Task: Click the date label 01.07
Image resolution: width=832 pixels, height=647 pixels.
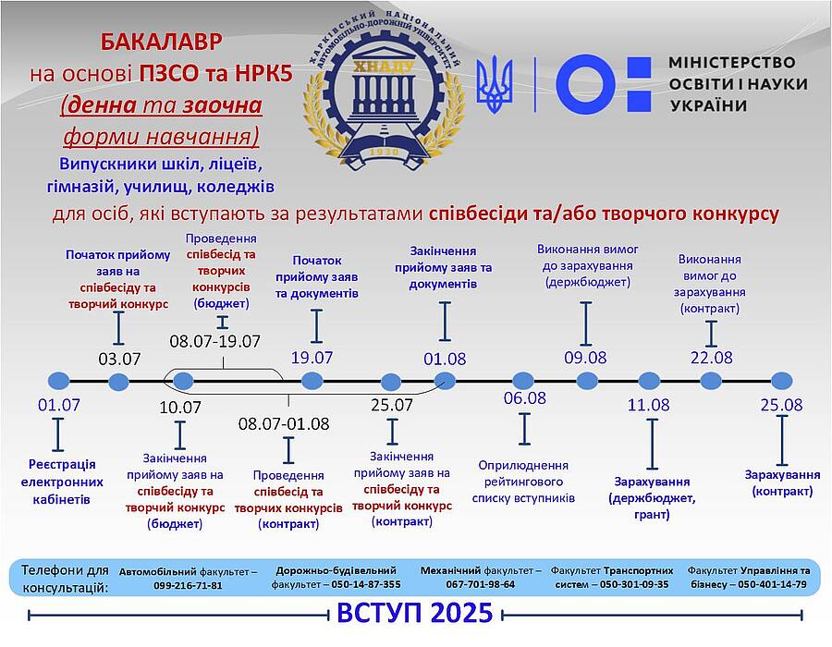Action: (x=59, y=405)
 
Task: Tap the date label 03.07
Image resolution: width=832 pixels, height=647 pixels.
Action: (x=119, y=359)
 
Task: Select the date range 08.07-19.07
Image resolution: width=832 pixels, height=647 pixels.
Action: (x=214, y=341)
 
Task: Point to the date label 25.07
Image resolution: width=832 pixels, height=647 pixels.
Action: (x=392, y=405)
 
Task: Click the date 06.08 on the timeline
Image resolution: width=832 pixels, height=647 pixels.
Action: (x=525, y=397)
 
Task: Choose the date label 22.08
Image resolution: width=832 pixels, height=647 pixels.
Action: (x=712, y=358)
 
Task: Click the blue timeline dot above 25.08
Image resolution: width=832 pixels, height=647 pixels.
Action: (x=781, y=381)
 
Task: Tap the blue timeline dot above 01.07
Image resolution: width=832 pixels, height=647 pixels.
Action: (x=59, y=381)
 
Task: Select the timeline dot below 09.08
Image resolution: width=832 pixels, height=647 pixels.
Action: (x=587, y=381)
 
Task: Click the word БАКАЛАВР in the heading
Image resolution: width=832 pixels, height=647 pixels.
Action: (x=161, y=42)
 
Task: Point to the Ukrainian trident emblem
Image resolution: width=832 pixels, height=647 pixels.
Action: (x=494, y=84)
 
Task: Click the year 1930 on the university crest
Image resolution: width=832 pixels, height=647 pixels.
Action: (x=384, y=153)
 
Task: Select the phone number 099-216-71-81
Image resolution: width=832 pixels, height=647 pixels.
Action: (x=188, y=586)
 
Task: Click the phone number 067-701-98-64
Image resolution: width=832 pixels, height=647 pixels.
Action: (x=480, y=584)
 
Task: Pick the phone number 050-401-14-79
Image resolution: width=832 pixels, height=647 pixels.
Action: (x=772, y=584)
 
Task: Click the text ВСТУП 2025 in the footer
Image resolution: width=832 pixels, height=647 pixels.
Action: (x=415, y=613)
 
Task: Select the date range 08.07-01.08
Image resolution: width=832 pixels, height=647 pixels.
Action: (x=284, y=423)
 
